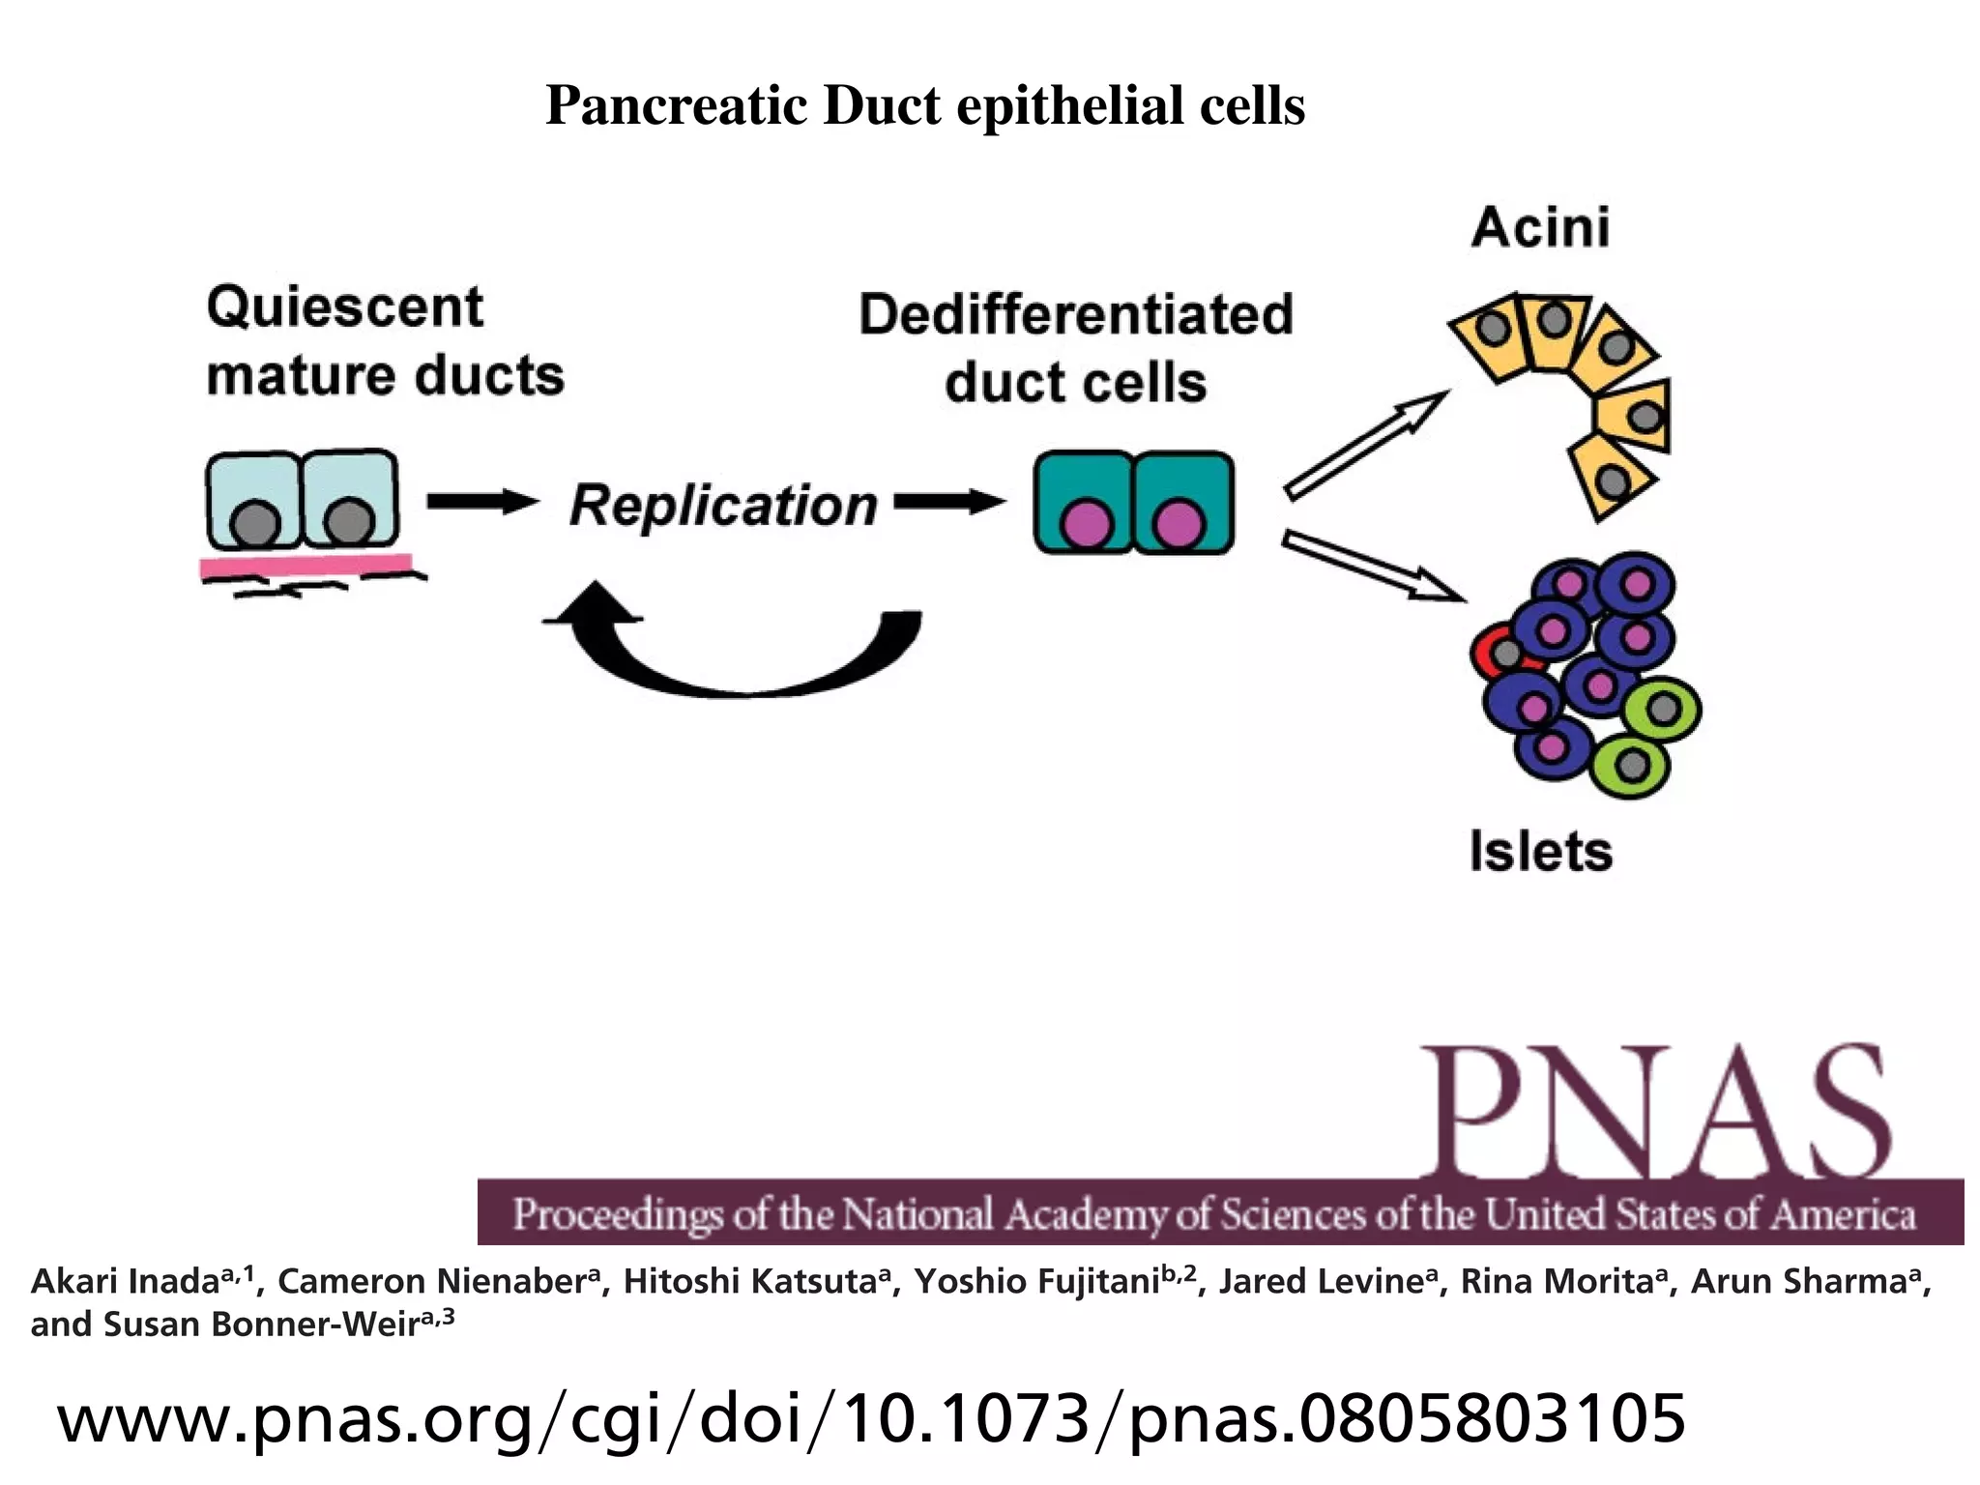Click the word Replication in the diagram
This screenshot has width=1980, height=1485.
click(x=723, y=506)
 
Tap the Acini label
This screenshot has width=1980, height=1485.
click(x=1540, y=228)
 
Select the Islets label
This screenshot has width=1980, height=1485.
click(x=1540, y=851)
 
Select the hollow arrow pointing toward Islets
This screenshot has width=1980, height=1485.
click(x=1373, y=568)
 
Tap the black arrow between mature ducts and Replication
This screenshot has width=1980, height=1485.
click(x=481, y=502)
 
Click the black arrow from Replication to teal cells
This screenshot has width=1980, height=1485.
click(x=948, y=502)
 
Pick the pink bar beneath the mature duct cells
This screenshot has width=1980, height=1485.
click(x=306, y=565)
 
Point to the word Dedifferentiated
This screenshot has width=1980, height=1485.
click(x=1075, y=315)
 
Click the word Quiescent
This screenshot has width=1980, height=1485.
click(x=344, y=307)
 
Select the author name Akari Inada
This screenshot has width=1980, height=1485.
click(x=126, y=1281)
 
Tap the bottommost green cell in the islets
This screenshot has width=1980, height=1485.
click(x=1631, y=766)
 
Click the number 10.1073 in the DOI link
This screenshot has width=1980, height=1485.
click(x=966, y=1418)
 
